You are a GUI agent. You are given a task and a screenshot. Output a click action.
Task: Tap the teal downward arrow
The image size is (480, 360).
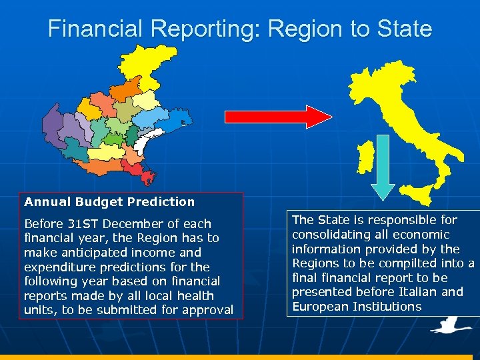click(x=382, y=167)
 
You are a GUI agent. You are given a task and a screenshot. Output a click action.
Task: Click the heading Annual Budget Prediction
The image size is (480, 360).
click(x=109, y=201)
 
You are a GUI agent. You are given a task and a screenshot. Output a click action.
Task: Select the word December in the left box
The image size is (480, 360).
click(x=132, y=223)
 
